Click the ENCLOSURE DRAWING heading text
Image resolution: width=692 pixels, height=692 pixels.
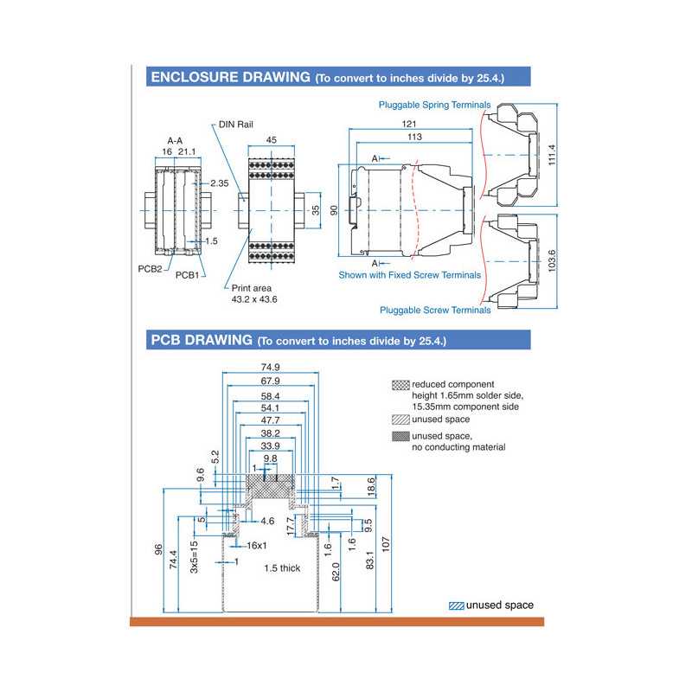pos(230,77)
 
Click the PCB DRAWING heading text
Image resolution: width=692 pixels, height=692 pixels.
pos(202,340)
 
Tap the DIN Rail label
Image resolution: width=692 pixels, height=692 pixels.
pos(235,125)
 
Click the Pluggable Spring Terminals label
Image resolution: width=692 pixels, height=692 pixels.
pos(434,105)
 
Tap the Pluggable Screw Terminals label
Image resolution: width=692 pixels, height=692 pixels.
pos(435,310)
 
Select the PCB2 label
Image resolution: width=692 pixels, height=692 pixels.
pos(150,268)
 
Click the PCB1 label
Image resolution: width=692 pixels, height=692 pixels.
pos(188,275)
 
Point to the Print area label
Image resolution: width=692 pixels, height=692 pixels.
pos(252,287)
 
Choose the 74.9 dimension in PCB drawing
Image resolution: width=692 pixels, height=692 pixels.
pos(271,367)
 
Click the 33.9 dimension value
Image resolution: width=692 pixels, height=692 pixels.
pos(271,446)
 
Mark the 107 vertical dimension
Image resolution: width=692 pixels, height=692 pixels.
pos(386,543)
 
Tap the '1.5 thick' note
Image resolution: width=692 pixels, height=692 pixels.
pos(283,568)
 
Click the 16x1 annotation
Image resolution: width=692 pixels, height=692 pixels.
pos(257,546)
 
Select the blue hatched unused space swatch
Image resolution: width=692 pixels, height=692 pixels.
pos(456,605)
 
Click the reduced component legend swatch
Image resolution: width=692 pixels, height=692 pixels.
pos(400,383)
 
